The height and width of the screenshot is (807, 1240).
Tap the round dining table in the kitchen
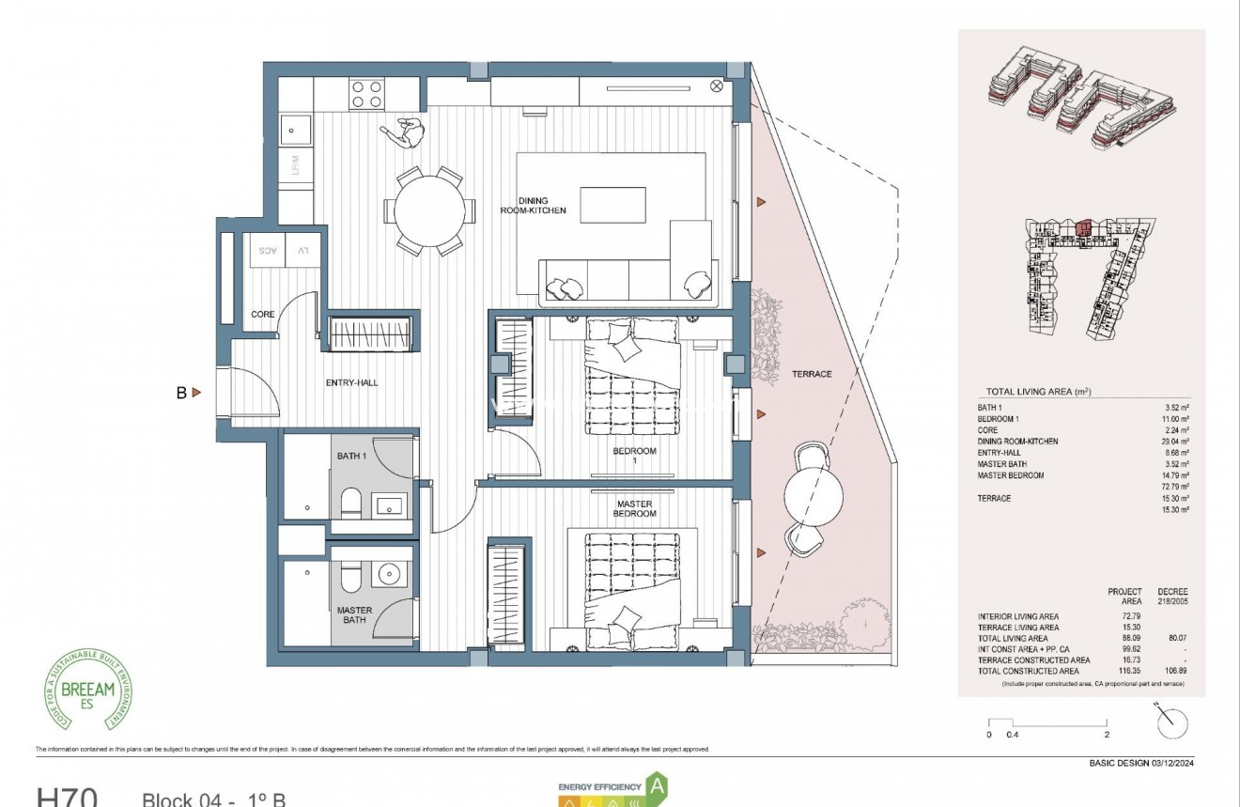tap(429, 212)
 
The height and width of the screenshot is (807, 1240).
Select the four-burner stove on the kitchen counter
tap(366, 93)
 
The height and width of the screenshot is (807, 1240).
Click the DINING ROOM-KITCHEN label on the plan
tap(533, 206)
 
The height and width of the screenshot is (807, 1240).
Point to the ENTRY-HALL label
tap(351, 382)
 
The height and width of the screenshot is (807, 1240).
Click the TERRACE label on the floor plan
tap(811, 374)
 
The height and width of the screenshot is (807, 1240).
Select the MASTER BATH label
tap(354, 615)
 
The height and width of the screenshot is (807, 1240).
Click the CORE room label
tap(263, 314)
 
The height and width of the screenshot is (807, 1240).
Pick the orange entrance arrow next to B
tap(196, 393)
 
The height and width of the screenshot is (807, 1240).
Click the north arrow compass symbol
tap(1172, 722)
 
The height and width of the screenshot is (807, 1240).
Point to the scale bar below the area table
tap(1047, 723)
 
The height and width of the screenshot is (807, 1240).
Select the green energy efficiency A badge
tap(659, 784)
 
